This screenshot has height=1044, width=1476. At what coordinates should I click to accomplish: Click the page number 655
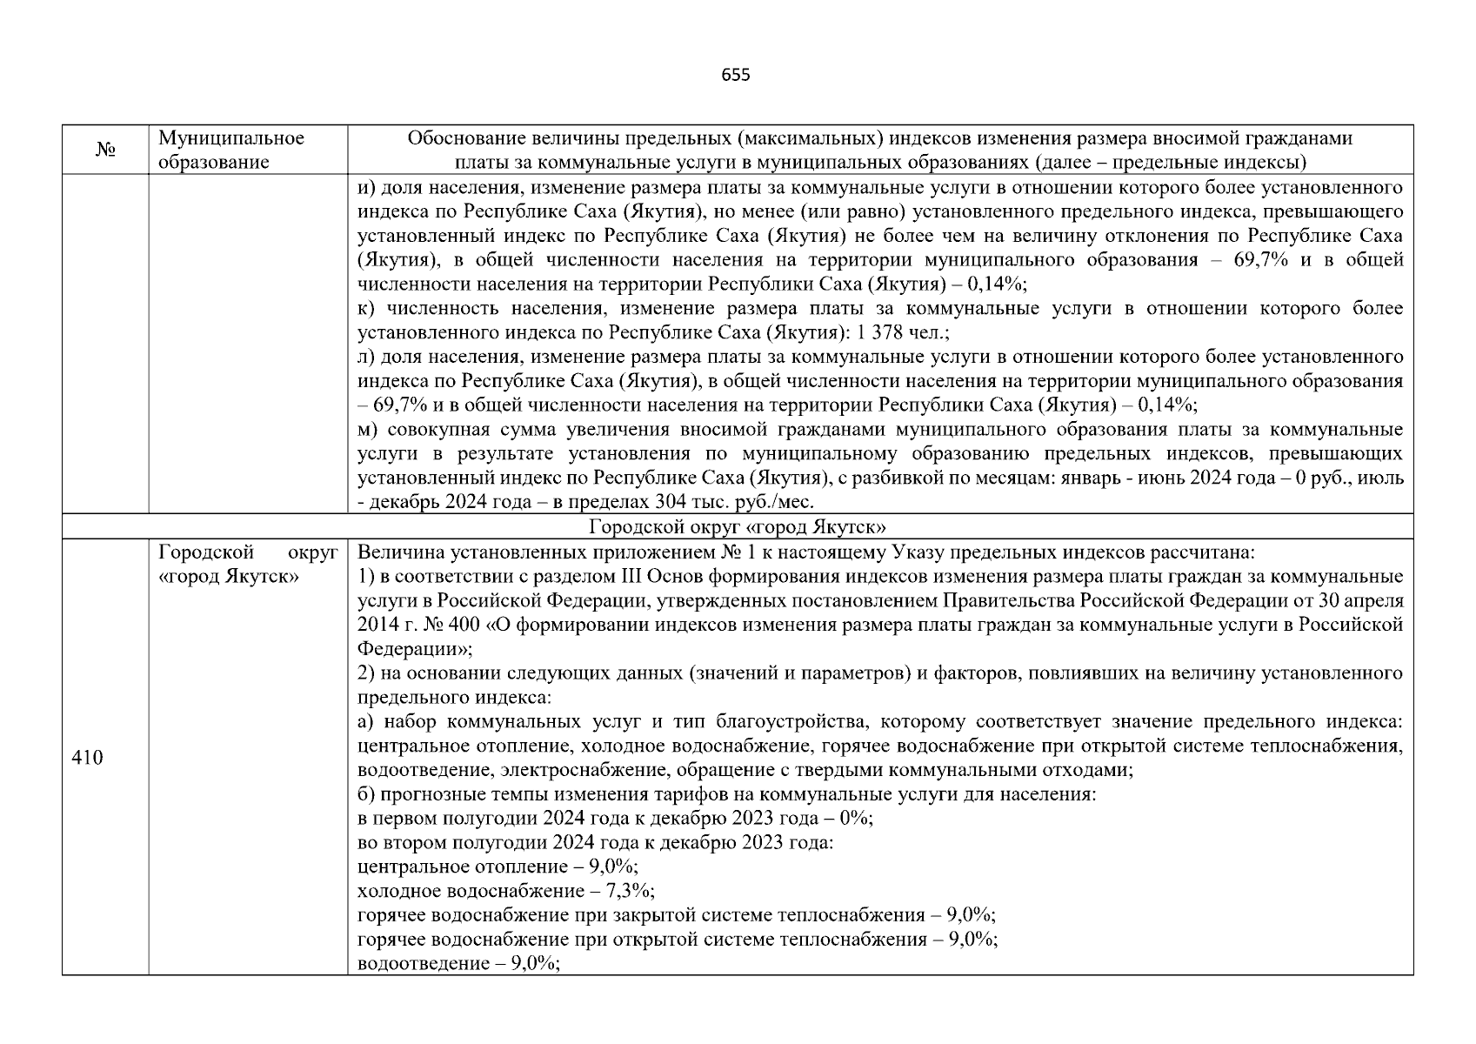point(736,75)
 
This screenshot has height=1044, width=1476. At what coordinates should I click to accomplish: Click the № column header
point(105,151)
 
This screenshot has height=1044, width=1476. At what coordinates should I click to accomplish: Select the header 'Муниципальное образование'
point(231,151)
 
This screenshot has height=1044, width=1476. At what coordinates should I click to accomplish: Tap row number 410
point(87,758)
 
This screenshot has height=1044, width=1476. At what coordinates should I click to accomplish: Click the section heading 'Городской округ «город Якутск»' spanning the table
point(737,527)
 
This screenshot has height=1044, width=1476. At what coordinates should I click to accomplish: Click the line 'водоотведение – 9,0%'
point(458,964)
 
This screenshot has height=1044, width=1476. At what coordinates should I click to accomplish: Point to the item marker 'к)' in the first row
point(367,309)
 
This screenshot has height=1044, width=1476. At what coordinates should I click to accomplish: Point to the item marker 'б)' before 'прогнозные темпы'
point(366,794)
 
